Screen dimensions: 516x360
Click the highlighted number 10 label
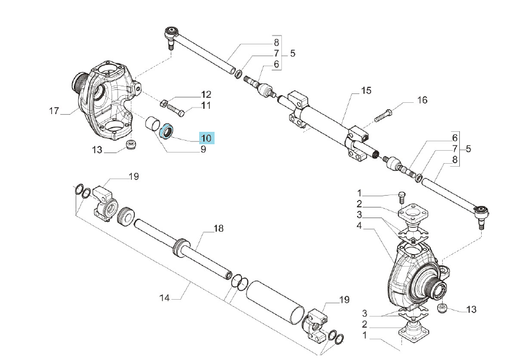pyautogui.click(x=206, y=138)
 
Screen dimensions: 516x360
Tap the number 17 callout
pyautogui.click(x=54, y=111)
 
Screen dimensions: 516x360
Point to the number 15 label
pyautogui.click(x=366, y=90)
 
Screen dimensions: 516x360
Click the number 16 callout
pyautogui.click(x=422, y=100)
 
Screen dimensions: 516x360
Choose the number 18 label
pyautogui.click(x=218, y=228)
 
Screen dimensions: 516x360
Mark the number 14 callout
pyautogui.click(x=164, y=298)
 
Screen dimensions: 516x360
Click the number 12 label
pyautogui.click(x=206, y=95)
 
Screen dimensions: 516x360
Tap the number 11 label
pyautogui.click(x=206, y=106)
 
